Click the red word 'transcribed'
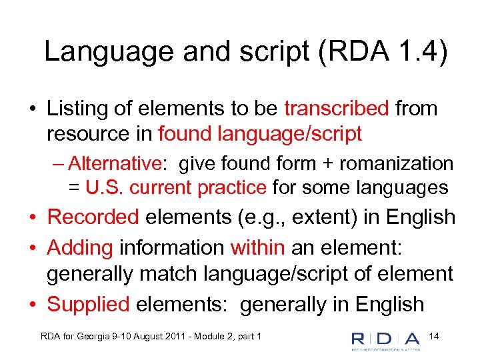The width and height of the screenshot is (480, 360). pyautogui.click(x=336, y=109)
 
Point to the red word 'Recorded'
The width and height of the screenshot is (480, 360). pyautogui.click(x=93, y=217)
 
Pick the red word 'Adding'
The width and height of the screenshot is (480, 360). pyautogui.click(x=81, y=248)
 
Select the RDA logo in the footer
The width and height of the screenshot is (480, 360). pyautogui.click(x=385, y=340)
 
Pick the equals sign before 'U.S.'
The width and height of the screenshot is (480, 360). pyautogui.click(x=73, y=188)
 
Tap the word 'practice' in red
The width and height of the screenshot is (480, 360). pyautogui.click(x=233, y=188)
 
